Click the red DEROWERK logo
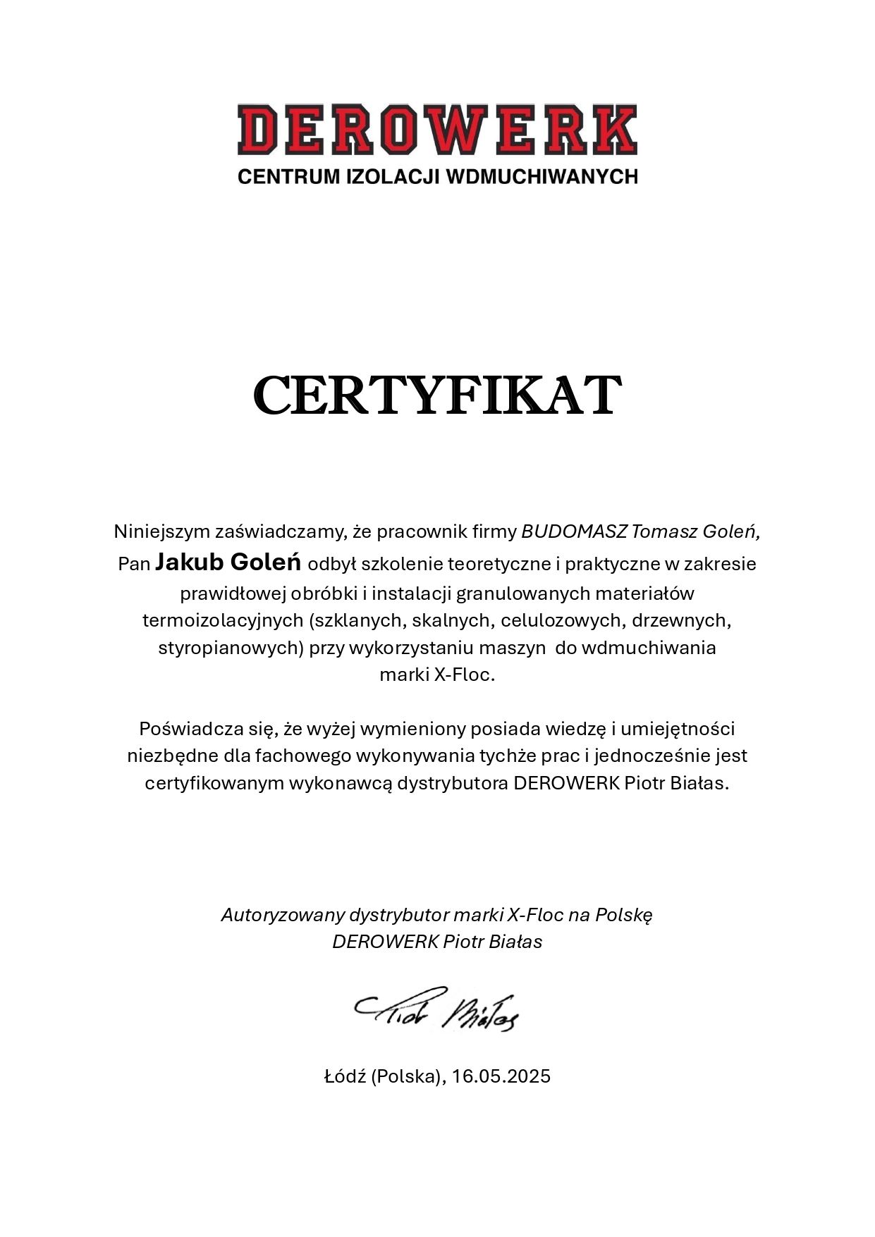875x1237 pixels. [437, 130]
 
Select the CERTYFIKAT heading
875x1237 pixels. [437, 396]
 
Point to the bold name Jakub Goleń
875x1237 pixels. [228, 562]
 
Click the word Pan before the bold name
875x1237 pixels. [134, 565]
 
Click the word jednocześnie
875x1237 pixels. [653, 756]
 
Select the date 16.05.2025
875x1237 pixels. [501, 1077]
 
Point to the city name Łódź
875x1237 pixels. [344, 1077]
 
